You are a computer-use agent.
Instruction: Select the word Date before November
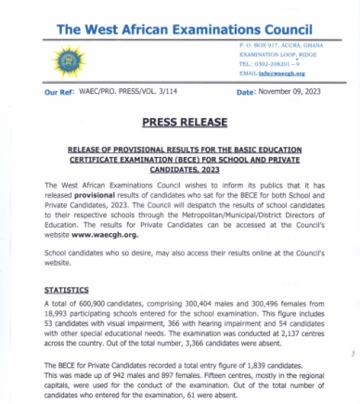(245, 94)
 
